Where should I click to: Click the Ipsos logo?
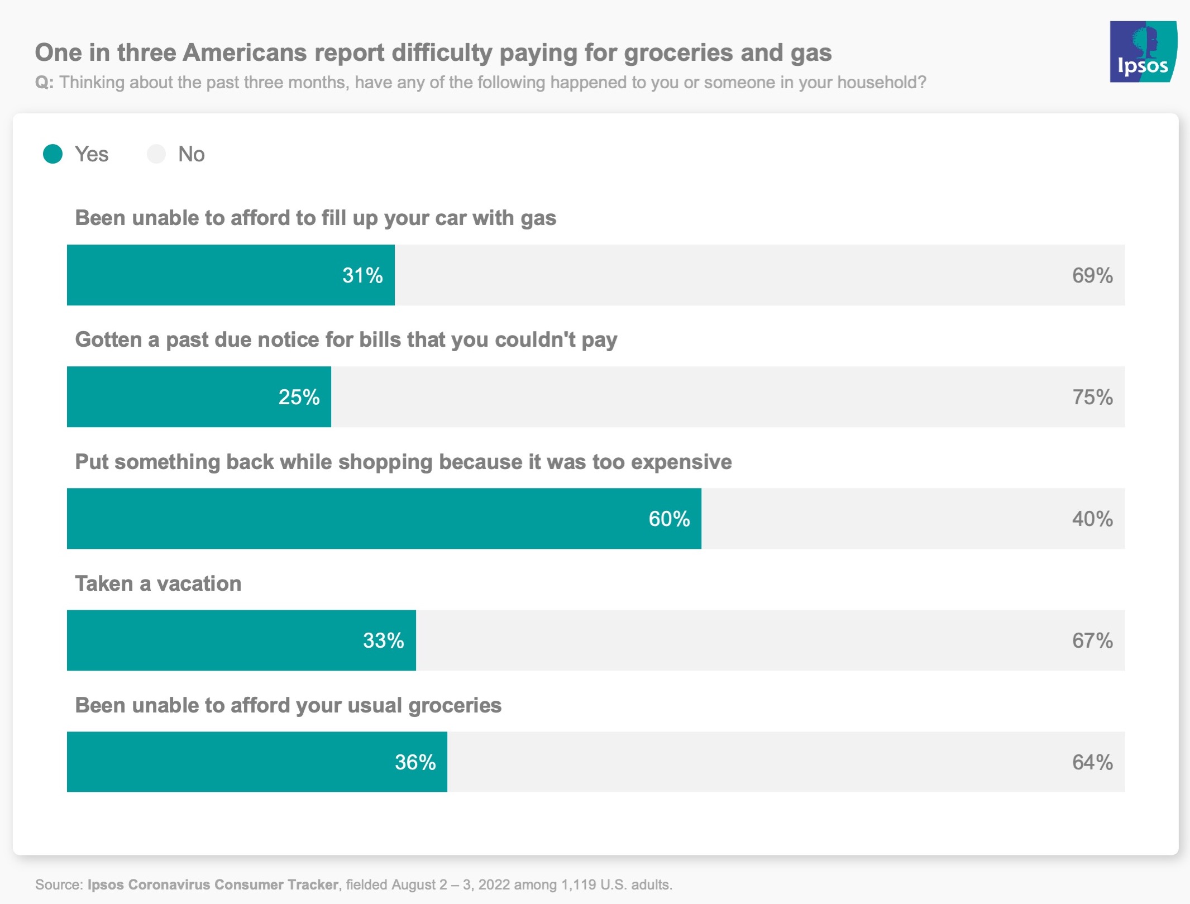tap(1143, 52)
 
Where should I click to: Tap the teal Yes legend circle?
tap(53, 154)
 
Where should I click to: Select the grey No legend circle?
tap(156, 154)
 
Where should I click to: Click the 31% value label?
tap(362, 275)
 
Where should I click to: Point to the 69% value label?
tap(1092, 275)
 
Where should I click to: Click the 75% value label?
tap(1092, 397)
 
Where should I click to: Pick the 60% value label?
tap(668, 519)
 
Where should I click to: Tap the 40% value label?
tap(1092, 519)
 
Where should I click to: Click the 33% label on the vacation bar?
tap(383, 640)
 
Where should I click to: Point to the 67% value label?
tap(1092, 640)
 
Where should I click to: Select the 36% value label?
tap(415, 762)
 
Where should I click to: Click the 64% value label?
tap(1092, 762)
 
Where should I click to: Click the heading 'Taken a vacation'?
tap(158, 583)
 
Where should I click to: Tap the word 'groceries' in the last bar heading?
tap(455, 706)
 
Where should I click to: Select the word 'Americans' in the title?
tap(245, 52)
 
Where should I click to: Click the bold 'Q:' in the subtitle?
tap(44, 83)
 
